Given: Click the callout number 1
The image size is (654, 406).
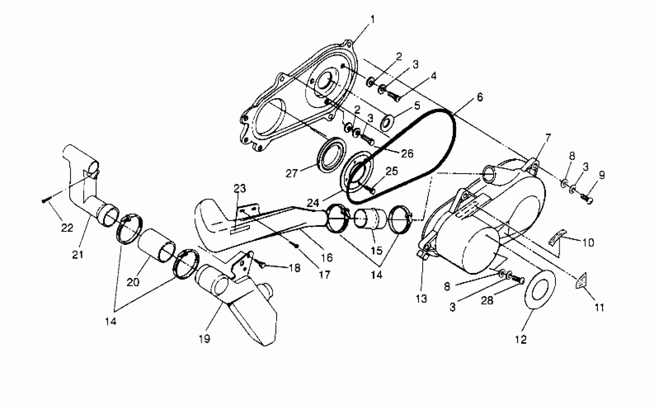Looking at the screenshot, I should tap(373, 19).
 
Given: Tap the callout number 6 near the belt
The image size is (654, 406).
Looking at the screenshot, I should tap(480, 97).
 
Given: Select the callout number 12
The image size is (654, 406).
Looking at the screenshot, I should tap(521, 339).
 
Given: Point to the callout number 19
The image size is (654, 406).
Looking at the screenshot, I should tap(205, 339).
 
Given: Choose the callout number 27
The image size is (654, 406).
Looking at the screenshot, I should tap(292, 173).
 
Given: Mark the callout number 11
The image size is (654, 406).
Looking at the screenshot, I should tap(600, 307).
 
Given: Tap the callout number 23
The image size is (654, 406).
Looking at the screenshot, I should tap(240, 188).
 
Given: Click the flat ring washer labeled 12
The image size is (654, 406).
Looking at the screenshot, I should tap(540, 289).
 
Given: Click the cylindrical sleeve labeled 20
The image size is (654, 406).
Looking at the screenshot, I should tap(156, 245).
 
